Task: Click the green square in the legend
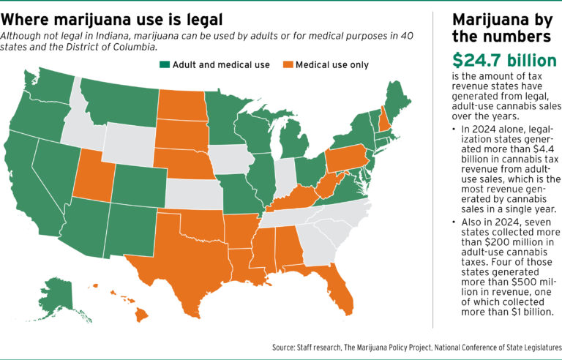pos(164,64)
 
